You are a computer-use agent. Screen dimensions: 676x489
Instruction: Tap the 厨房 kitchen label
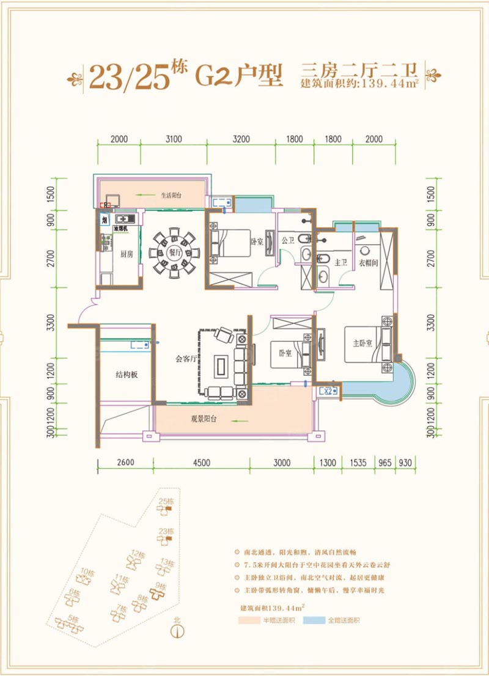click(x=127, y=254)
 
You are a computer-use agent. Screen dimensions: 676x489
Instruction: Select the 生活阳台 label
click(x=172, y=196)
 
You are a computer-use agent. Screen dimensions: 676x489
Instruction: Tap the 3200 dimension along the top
click(x=241, y=139)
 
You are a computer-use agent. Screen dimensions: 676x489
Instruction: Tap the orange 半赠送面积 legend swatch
click(x=252, y=620)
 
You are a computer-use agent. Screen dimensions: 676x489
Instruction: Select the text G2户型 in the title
click(x=239, y=75)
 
